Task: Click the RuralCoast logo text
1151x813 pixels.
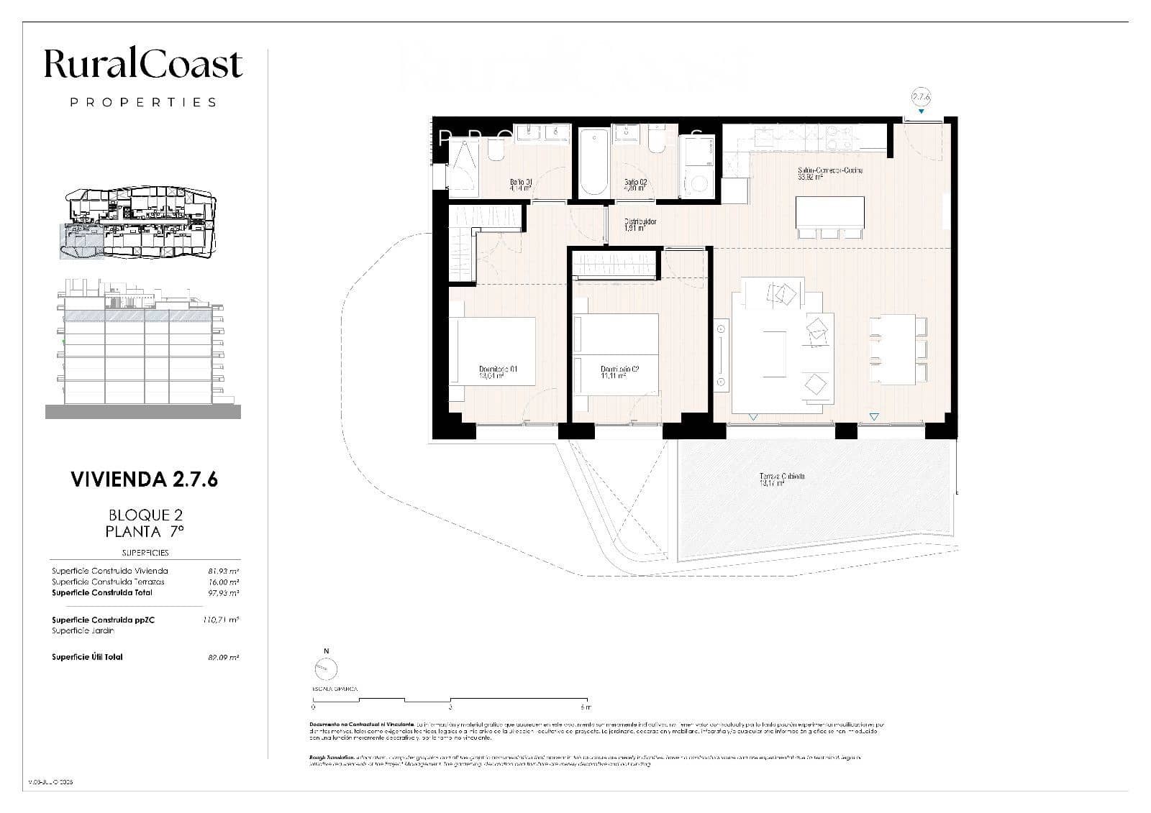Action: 143,64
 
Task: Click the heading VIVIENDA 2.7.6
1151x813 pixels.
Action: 145,479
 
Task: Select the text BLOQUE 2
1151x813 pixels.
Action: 145,515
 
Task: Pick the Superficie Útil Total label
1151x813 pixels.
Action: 87,657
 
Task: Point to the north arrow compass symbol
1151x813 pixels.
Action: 326,669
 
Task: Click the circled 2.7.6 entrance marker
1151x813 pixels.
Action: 921,96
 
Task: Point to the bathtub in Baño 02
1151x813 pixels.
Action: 594,162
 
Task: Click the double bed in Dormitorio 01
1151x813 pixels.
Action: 493,350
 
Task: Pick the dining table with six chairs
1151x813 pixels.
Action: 897,349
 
